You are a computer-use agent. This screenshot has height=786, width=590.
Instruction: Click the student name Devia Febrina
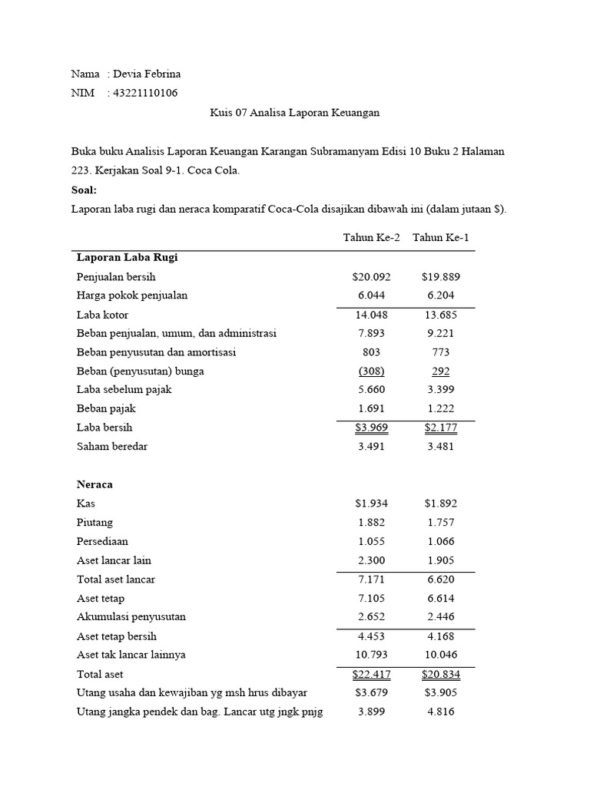(147, 74)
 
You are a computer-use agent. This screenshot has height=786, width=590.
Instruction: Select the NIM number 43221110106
(145, 93)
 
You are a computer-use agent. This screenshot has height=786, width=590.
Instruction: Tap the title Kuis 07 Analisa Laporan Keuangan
(295, 113)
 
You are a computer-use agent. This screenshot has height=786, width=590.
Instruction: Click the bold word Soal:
(85, 190)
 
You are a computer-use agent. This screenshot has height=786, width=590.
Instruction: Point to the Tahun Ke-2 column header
(371, 237)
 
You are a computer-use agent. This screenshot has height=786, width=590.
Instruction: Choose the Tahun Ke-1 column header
(440, 237)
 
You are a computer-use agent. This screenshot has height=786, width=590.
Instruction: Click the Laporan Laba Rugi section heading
(128, 257)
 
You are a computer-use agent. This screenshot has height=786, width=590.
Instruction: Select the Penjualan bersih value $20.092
(371, 276)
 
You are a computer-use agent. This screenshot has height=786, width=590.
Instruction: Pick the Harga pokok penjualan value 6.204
(440, 296)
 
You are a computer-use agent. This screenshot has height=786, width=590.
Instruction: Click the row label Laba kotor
(102, 315)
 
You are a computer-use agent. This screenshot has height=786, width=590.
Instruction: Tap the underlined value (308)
(371, 371)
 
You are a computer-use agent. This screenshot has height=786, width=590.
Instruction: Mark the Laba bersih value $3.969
(371, 428)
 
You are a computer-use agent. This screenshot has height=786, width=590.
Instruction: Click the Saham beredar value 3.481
(440, 447)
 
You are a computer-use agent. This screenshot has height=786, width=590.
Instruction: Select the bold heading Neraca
(94, 484)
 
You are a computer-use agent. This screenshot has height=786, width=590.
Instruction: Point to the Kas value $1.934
(371, 504)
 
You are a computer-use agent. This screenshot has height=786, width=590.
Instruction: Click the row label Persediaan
(102, 541)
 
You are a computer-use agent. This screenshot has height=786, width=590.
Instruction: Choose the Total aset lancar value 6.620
(440, 580)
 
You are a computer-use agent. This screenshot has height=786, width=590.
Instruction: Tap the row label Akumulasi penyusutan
(131, 616)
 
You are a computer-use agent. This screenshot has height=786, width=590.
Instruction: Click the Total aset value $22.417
(371, 674)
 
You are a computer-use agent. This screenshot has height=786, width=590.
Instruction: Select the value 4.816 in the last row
(440, 712)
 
